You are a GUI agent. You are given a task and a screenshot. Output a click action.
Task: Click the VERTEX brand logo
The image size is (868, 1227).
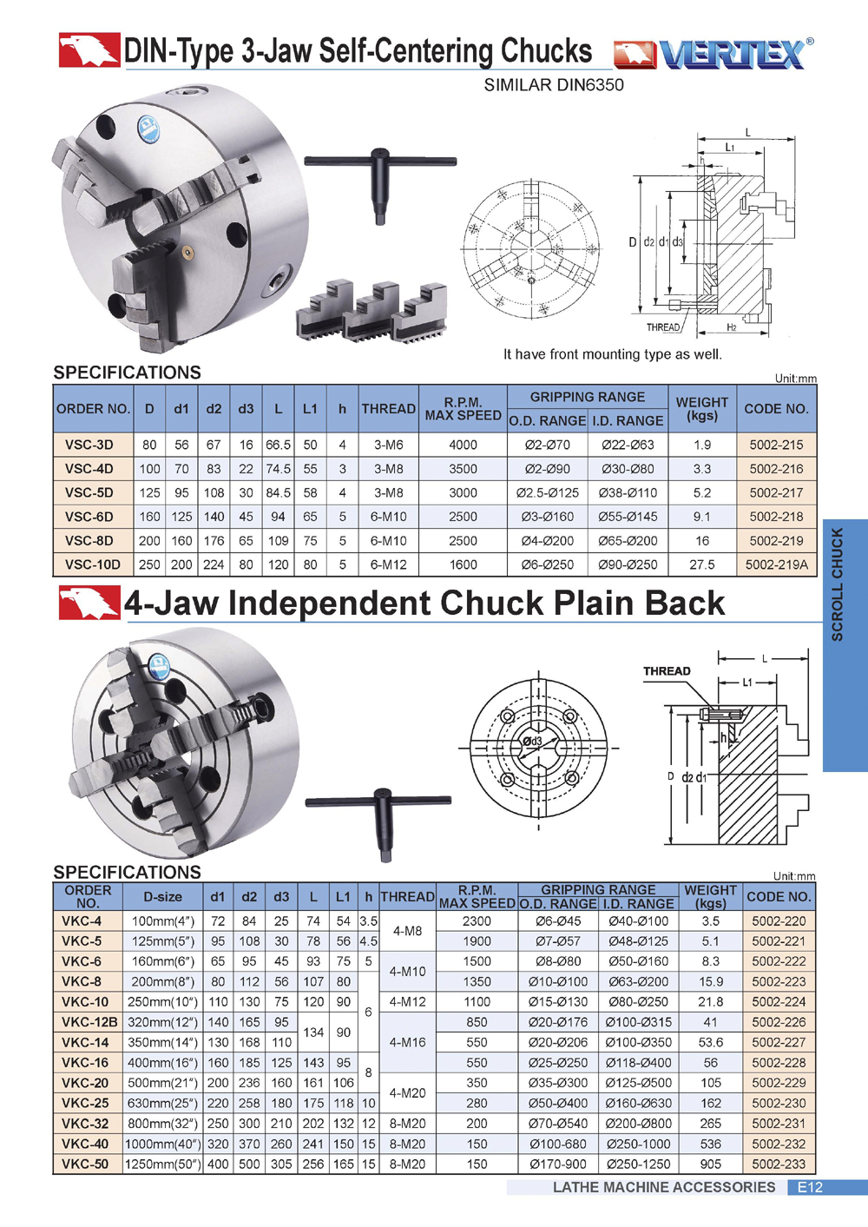(713, 54)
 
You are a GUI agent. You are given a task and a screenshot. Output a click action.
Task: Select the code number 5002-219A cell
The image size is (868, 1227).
(777, 564)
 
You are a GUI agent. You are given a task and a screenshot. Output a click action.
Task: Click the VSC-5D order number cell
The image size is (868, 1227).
(94, 492)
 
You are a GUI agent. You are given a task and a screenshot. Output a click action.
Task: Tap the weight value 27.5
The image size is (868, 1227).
(702, 564)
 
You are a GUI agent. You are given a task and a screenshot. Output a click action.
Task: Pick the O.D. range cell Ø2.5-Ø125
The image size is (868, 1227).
(547, 492)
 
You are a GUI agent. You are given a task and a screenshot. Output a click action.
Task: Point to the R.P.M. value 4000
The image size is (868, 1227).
(463, 445)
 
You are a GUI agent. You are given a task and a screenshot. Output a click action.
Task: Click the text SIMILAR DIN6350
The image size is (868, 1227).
(554, 85)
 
